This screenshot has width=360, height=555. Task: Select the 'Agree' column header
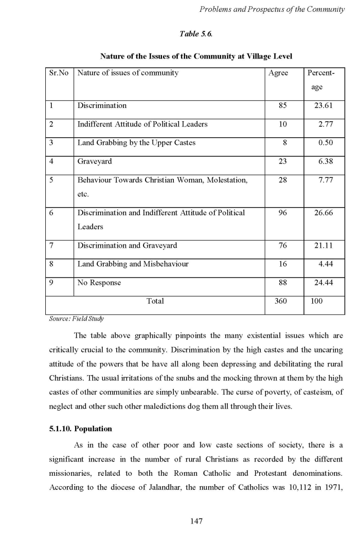(278, 73)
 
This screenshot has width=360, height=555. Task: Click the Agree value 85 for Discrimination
(282, 106)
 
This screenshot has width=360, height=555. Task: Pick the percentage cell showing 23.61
(323, 106)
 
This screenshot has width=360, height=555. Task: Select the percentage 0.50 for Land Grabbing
(325, 143)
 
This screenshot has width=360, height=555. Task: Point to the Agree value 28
(282, 180)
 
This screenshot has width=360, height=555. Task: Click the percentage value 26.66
(323, 213)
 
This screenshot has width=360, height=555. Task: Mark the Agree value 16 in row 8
(282, 264)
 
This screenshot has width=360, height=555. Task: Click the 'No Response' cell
(99, 283)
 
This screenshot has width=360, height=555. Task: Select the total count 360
(280, 301)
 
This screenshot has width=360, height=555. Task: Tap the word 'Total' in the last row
(155, 301)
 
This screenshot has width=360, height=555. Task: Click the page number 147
(196, 521)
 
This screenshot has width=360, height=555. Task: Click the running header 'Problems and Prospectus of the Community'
(272, 10)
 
